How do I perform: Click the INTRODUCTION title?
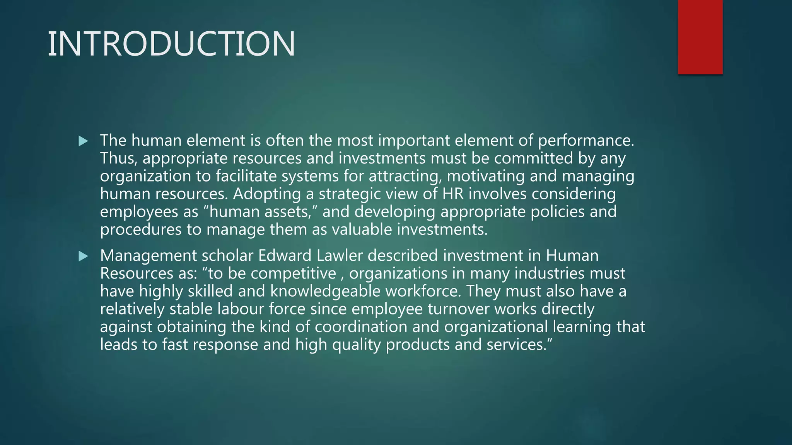click(x=171, y=44)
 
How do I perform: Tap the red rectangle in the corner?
click(x=700, y=37)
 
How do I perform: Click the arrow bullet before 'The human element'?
click(x=83, y=141)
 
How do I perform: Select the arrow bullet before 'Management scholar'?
click(x=83, y=256)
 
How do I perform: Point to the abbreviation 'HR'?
click(x=453, y=194)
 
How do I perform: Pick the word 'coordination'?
click(x=361, y=327)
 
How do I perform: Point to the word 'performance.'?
click(x=586, y=141)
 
